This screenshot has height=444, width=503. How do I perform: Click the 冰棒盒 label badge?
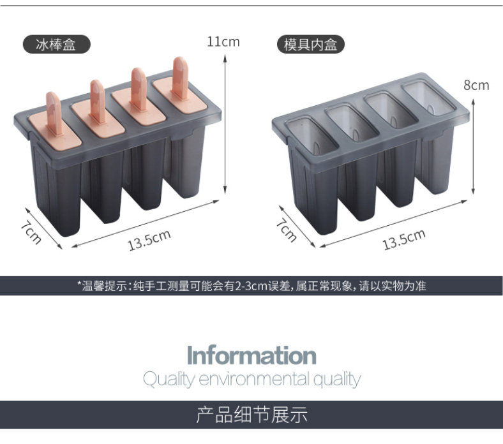pyautogui.click(x=56, y=44)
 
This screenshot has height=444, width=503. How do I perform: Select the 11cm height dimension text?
pyautogui.click(x=223, y=42)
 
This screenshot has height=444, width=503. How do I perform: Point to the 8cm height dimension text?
pyautogui.click(x=476, y=85)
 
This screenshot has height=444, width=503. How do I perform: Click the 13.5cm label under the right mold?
pyautogui.click(x=403, y=240)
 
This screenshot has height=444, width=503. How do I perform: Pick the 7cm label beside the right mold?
pyautogui.click(x=285, y=231)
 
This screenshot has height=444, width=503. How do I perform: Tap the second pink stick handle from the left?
pyautogui.click(x=98, y=100)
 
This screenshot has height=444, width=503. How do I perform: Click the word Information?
pyautogui.click(x=251, y=355)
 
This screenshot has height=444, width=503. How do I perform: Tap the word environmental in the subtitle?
pyautogui.click(x=255, y=380)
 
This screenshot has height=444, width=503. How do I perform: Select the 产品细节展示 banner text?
pyautogui.click(x=251, y=415)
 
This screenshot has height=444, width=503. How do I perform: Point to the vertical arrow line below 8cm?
pyautogui.click(x=473, y=144)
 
